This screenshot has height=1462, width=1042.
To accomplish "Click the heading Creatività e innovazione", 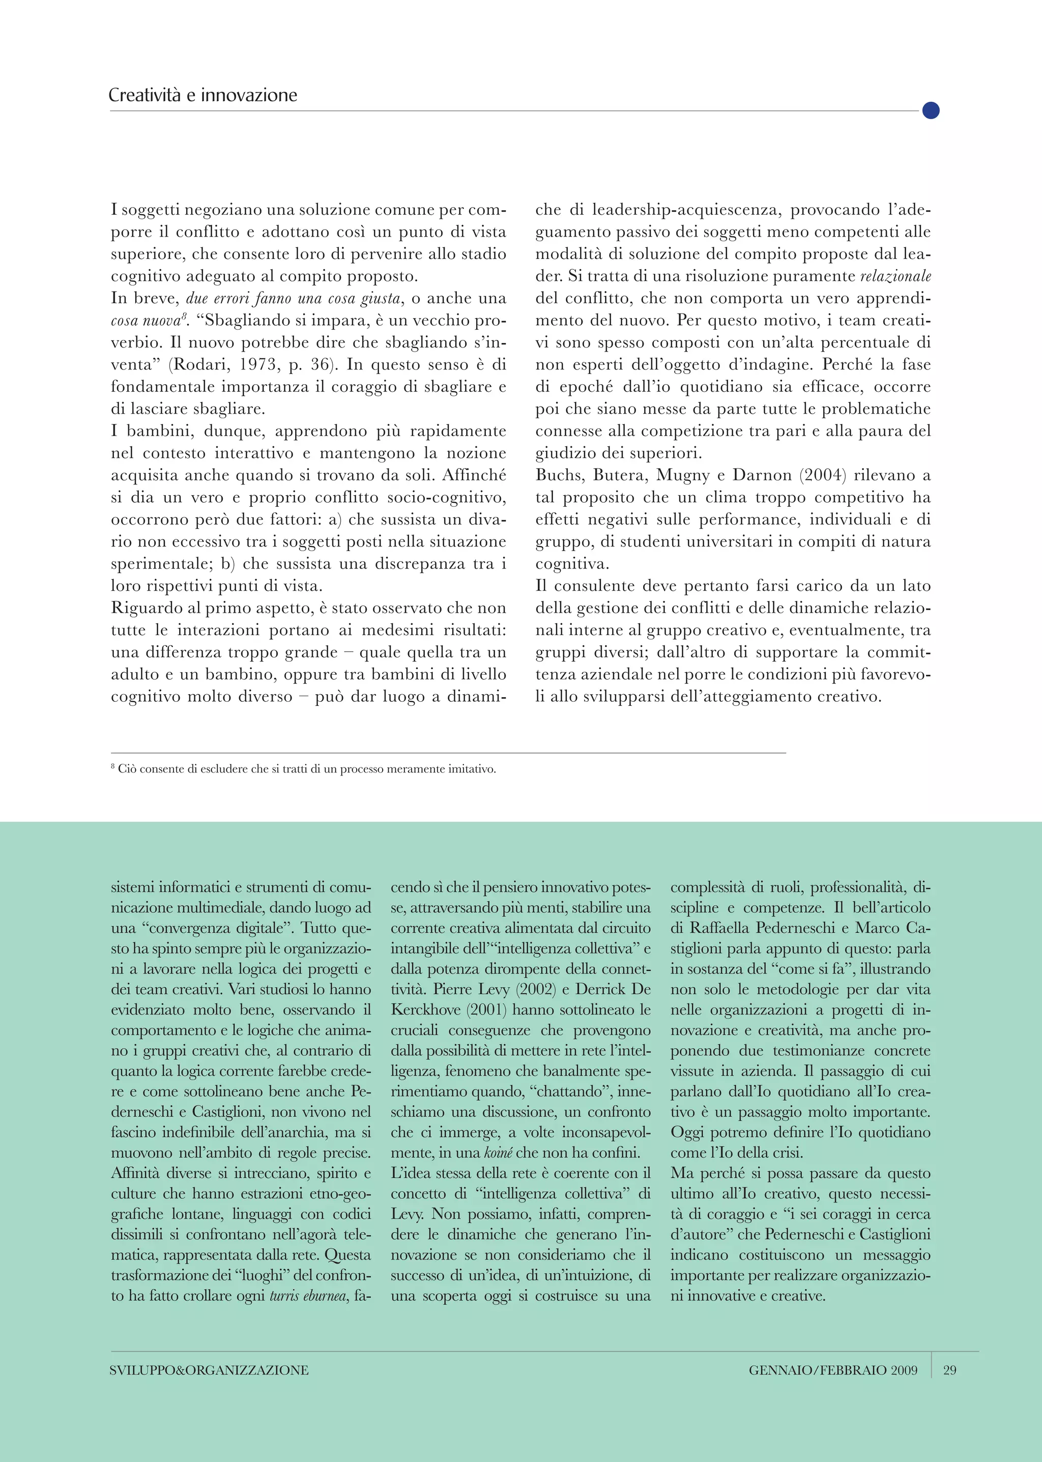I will (x=203, y=95).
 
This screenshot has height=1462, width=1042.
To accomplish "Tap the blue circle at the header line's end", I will (x=931, y=110).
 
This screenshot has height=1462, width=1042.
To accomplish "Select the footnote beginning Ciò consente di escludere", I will (x=305, y=769).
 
